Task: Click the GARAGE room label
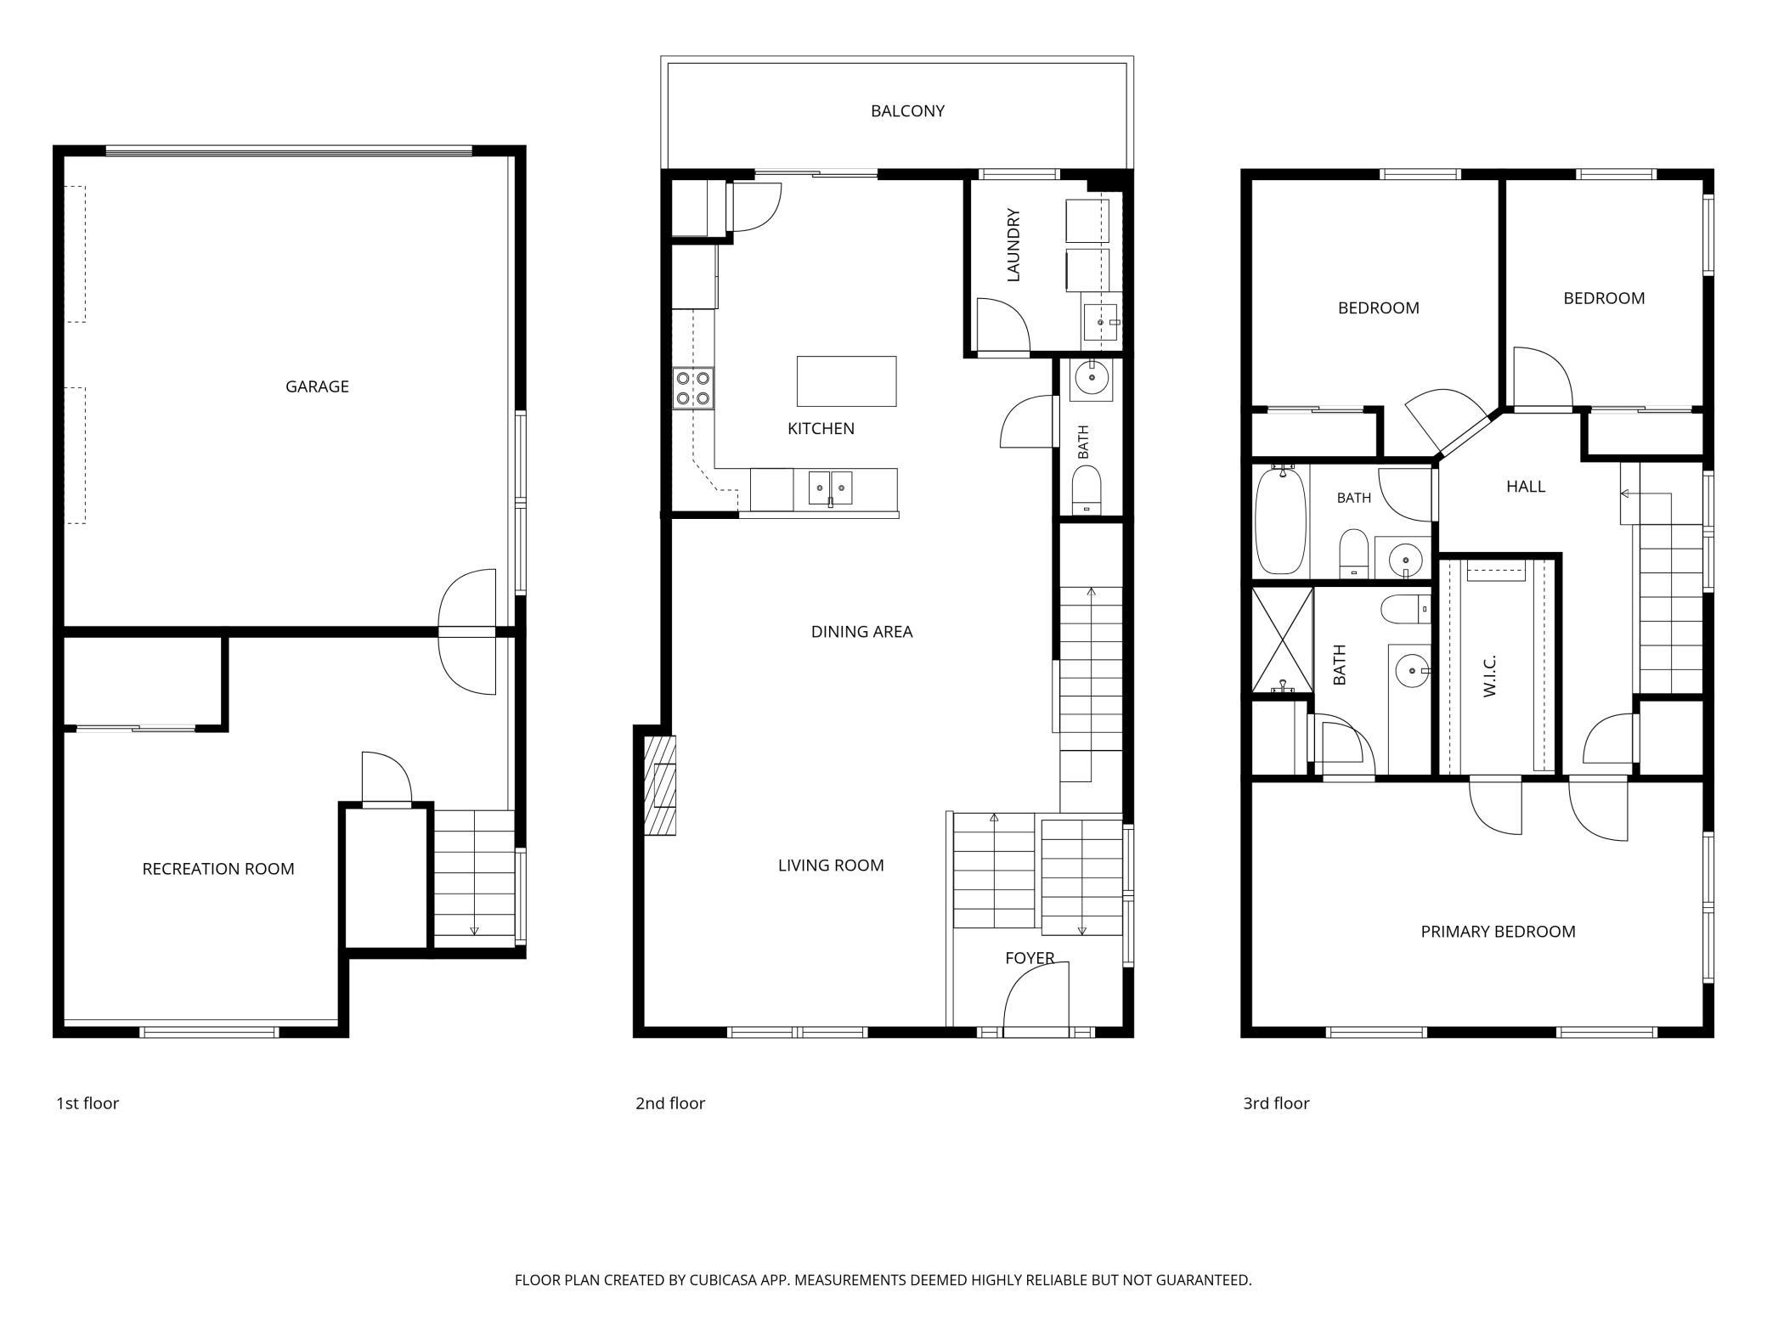(317, 386)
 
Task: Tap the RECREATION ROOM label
(218, 869)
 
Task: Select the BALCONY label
(907, 110)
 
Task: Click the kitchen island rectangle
(846, 381)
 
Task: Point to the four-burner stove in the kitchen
(693, 388)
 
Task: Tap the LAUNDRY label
(1013, 245)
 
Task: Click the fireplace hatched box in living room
(660, 785)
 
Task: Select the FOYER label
(1030, 958)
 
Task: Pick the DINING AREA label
(861, 632)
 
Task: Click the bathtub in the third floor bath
(1280, 519)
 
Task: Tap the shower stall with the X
(1282, 640)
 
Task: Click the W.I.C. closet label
(1489, 676)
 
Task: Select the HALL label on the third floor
(1526, 487)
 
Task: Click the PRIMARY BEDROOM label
(1498, 932)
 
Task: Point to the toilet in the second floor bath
(1087, 491)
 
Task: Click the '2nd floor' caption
(670, 1103)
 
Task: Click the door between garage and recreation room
(467, 632)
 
